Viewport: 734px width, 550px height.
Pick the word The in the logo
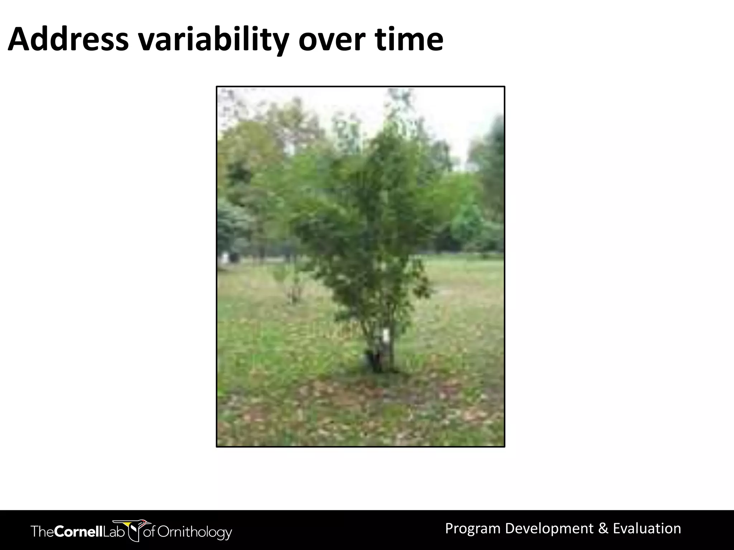coord(43,531)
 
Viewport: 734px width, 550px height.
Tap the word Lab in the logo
coord(113,531)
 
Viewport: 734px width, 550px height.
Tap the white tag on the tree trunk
coord(385,336)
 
